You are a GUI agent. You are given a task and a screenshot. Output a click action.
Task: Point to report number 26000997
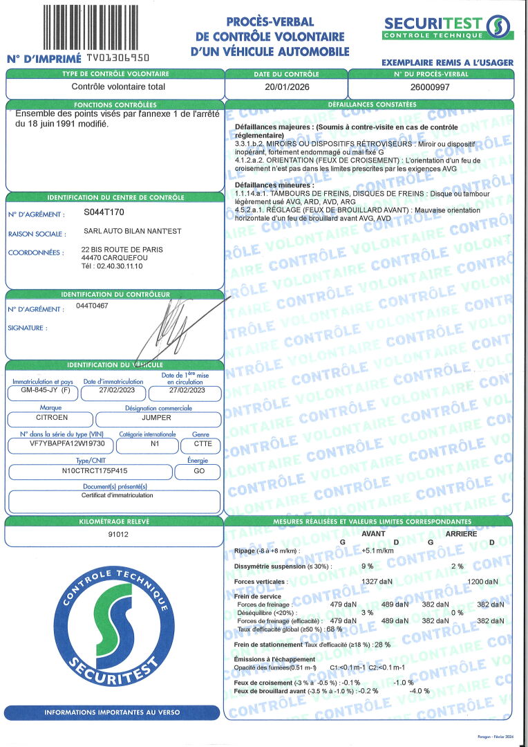click(430, 87)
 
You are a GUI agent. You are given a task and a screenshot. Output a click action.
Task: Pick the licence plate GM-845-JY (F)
click(43, 390)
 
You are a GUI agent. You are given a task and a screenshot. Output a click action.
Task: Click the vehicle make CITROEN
click(52, 418)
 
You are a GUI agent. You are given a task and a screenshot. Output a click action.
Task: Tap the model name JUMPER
click(157, 418)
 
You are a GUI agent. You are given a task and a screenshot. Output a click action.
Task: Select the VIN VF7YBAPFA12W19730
click(57, 445)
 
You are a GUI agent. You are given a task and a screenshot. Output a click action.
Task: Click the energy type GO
click(198, 471)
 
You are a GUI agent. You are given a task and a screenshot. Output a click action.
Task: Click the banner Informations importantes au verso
click(113, 712)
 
